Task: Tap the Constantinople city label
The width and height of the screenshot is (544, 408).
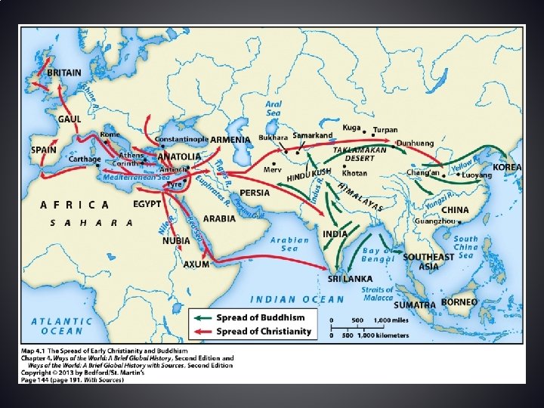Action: (x=181, y=140)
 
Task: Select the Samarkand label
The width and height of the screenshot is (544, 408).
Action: (x=313, y=135)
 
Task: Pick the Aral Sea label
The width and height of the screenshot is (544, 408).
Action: (x=274, y=108)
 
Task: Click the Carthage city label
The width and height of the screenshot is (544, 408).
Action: (x=83, y=159)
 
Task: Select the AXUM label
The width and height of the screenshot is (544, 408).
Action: (x=196, y=264)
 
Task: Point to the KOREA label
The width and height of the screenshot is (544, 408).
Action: (x=507, y=167)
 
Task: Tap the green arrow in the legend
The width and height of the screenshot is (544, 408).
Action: (x=202, y=318)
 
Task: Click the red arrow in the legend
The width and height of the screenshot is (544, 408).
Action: (x=202, y=331)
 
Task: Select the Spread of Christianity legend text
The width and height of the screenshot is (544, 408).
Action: (x=264, y=331)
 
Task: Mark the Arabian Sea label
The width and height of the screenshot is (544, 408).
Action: (x=289, y=244)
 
